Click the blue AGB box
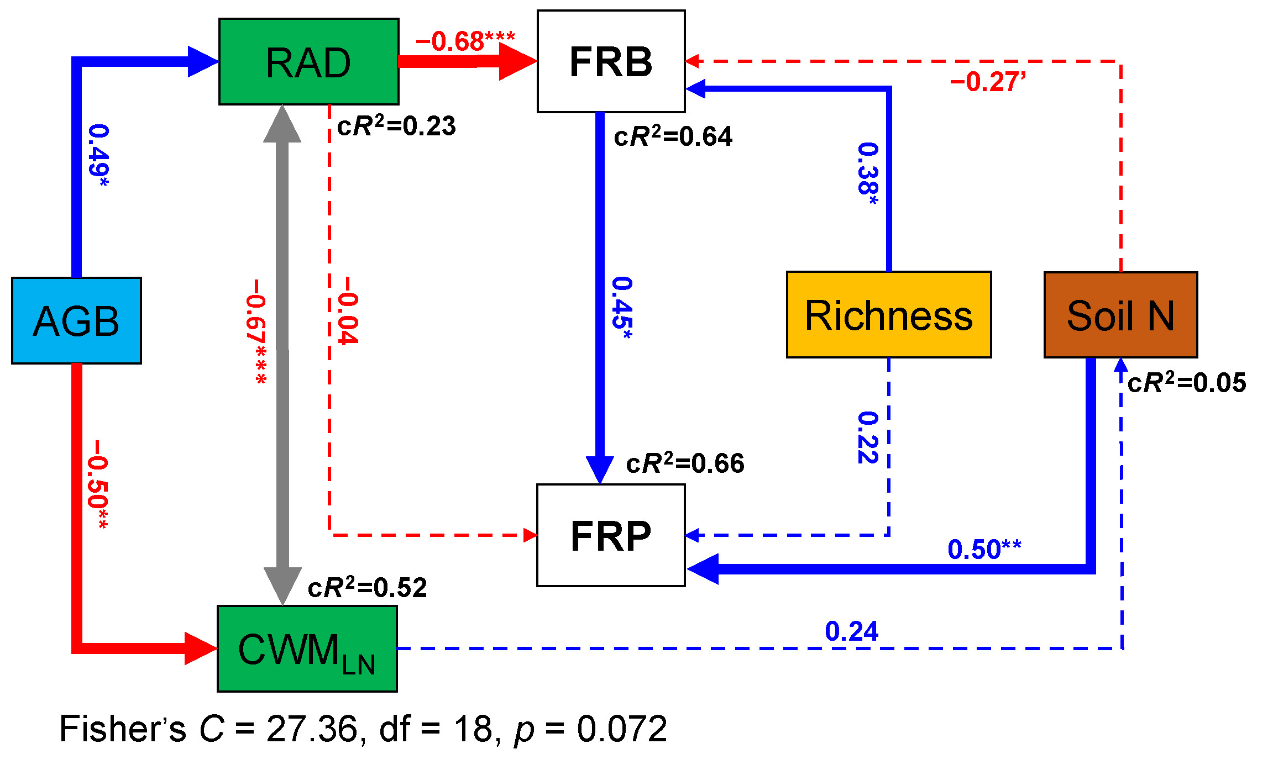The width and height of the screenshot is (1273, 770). [x=76, y=320]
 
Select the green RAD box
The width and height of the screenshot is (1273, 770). [x=308, y=62]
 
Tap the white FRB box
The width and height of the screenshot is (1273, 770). [x=611, y=61]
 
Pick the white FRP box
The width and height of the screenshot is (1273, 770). [x=611, y=535]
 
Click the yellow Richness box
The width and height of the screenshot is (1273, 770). [x=888, y=315]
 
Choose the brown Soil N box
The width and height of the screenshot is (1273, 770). [x=1120, y=315]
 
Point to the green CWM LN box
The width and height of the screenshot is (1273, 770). [x=307, y=648]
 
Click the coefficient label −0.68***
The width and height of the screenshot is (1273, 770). [x=465, y=41]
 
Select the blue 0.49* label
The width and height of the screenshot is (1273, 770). [x=99, y=155]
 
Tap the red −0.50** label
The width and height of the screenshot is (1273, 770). [x=97, y=484]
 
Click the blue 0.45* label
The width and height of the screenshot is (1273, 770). [x=622, y=307]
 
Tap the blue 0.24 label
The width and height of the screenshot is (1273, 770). [x=851, y=631]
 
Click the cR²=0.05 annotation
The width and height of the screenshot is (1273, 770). [x=1187, y=382]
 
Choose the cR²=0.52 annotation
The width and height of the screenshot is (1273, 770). [x=367, y=587]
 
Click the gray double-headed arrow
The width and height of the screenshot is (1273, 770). [x=282, y=354]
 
